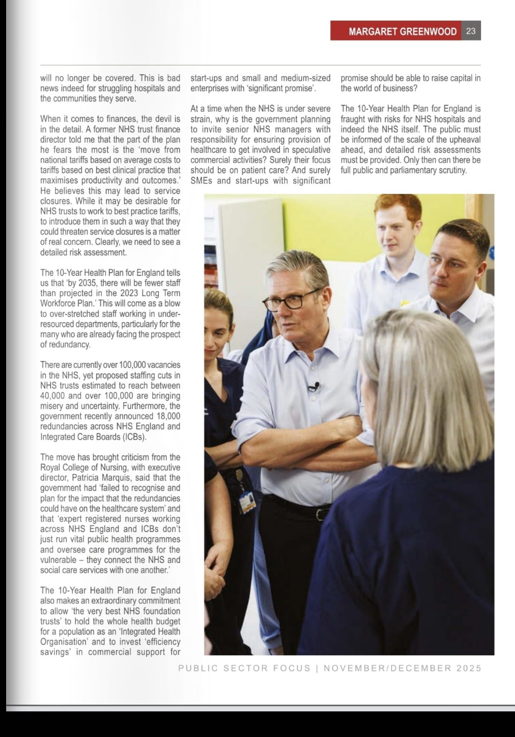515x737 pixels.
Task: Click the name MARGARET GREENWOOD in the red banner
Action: [403, 31]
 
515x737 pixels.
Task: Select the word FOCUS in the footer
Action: [292, 668]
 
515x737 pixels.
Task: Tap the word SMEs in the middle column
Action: [201, 181]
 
